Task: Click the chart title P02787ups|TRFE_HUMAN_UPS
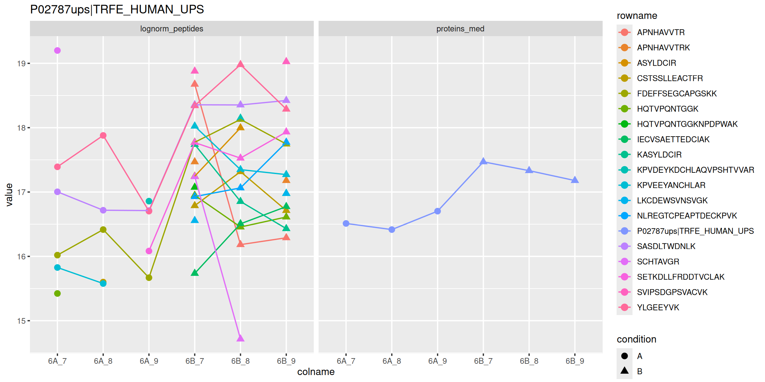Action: coord(117,9)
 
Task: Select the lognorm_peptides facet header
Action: coord(172,29)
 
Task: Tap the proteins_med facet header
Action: coord(460,29)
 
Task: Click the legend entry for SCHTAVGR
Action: coord(658,262)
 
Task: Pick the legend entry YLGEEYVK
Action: coord(658,307)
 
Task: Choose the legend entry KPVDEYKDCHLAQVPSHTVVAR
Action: coord(695,170)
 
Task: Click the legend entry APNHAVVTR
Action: coord(660,32)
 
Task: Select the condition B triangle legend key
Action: coord(625,371)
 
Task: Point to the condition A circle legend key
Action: coord(625,356)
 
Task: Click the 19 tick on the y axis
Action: coord(21,63)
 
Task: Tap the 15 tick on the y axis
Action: coord(21,321)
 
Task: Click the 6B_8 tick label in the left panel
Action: coord(240,361)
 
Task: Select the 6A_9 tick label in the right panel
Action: coord(437,361)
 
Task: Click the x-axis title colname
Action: coord(316,372)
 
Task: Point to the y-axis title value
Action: coord(9,195)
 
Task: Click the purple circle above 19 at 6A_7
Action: coord(57,50)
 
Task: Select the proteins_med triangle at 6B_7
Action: coord(483,161)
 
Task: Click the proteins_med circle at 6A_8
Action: coord(392,229)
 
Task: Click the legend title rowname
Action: coord(637,16)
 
